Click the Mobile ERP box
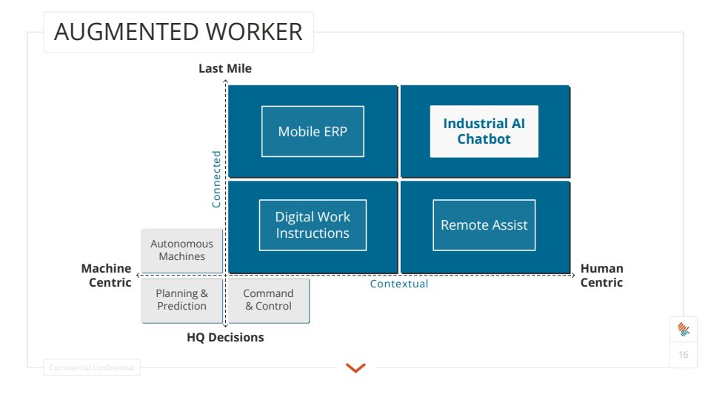point(313,132)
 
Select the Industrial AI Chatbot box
point(484,131)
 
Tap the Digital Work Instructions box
point(313,225)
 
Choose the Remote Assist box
point(484,225)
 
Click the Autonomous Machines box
point(181,250)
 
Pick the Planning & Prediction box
point(181,300)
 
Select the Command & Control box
point(268,300)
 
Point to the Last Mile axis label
point(225,69)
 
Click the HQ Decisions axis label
point(225,338)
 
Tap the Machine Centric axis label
point(107,276)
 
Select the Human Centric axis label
point(601,276)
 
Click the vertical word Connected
point(216,179)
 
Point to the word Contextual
point(399,284)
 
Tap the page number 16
point(683,355)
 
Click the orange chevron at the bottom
point(355,367)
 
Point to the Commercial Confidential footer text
point(91,367)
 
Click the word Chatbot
point(484,139)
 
